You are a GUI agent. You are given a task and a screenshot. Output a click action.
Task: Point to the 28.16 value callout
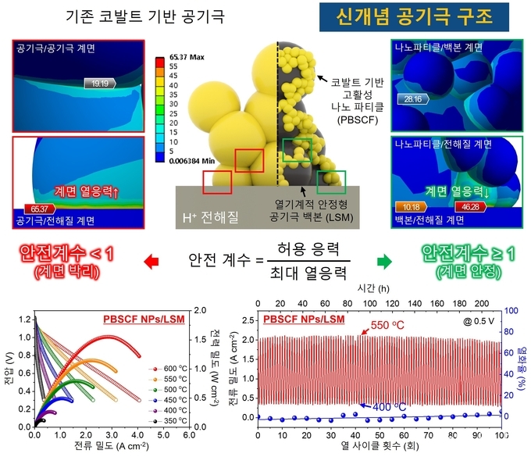click(x=413, y=99)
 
